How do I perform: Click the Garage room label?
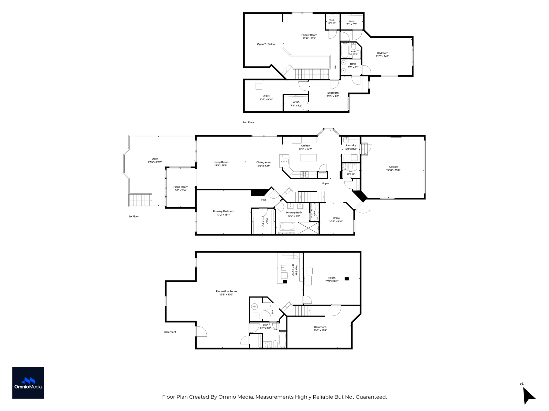(x=393, y=167)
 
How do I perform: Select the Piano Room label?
(x=181, y=187)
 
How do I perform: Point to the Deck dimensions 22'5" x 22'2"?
(x=155, y=162)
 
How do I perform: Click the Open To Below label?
(x=266, y=44)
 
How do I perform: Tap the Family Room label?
(x=309, y=35)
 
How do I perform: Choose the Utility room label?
(x=266, y=96)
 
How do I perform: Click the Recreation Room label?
(x=227, y=291)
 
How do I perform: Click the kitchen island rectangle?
(x=308, y=158)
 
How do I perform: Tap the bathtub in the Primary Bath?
(x=287, y=226)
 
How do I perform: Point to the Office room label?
(x=336, y=218)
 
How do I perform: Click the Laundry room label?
(x=351, y=145)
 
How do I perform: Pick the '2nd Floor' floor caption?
(x=248, y=122)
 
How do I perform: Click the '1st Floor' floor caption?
(x=134, y=216)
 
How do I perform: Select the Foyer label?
(x=325, y=184)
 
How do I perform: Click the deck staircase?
(x=140, y=200)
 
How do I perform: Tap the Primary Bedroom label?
(x=224, y=211)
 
